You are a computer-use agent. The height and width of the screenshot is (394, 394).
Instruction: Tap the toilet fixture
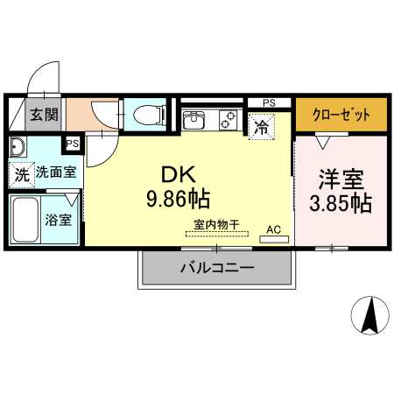[x=150, y=114]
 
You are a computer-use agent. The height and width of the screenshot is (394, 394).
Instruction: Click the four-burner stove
[x=229, y=117]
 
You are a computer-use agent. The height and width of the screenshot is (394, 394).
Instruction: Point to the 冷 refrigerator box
[x=261, y=126]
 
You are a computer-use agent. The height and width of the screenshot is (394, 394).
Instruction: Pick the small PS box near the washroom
[x=72, y=144]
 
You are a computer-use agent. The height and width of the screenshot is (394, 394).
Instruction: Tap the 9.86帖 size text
[x=178, y=200]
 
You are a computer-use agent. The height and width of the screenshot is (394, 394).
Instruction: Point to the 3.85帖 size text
[x=341, y=204]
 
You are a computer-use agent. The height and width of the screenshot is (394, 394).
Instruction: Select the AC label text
[x=272, y=229]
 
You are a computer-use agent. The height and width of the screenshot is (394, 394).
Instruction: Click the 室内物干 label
[x=215, y=225]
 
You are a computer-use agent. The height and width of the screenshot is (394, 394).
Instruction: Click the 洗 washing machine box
[x=21, y=174]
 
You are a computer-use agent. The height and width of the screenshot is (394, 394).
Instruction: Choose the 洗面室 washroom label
[x=55, y=173]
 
